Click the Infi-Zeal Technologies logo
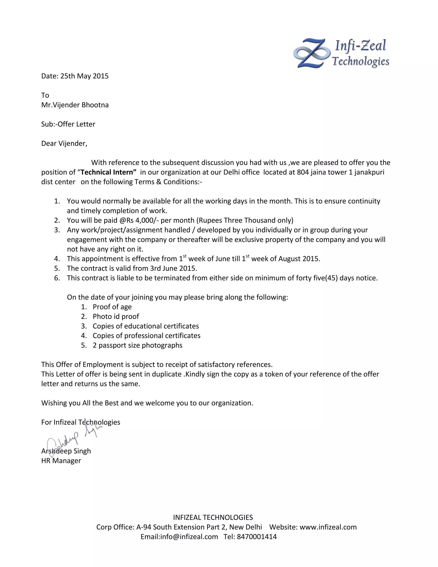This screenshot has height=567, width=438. [341, 53]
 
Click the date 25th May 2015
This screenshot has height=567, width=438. [84, 76]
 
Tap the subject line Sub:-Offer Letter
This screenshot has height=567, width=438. [68, 124]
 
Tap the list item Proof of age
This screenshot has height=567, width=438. [112, 307]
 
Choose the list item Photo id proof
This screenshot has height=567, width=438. [116, 316]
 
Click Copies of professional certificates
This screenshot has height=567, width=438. [146, 336]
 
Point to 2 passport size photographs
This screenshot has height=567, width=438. [138, 345]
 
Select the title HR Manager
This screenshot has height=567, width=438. [61, 461]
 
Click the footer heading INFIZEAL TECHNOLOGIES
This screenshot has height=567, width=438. [213, 517]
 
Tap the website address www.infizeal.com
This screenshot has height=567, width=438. [328, 527]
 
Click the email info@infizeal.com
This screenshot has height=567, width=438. [189, 537]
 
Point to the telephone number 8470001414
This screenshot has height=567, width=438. [257, 537]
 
